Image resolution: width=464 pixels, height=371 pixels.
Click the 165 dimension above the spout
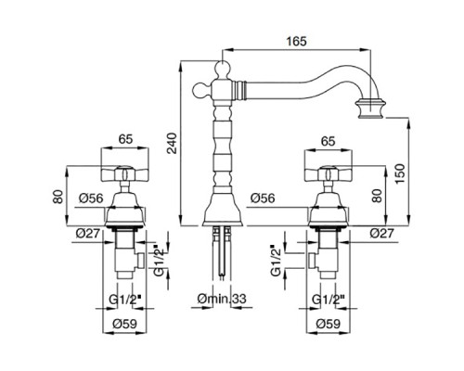(296, 41)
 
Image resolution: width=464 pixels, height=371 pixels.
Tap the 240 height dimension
(171, 143)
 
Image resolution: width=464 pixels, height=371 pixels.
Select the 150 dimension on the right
(400, 173)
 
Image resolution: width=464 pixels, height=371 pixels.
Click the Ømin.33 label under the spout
(222, 299)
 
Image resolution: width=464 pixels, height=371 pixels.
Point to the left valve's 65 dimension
(125, 139)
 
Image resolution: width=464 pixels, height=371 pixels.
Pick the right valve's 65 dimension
(329, 141)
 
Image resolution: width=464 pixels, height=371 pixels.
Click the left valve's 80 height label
(58, 197)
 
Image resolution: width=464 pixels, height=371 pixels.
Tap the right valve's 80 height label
(377, 196)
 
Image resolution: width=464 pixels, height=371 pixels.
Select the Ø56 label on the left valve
(91, 198)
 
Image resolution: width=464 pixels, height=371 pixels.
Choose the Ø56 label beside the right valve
(263, 198)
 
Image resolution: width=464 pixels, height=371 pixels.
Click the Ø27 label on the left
(87, 233)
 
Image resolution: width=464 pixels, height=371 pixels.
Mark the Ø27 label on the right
(382, 233)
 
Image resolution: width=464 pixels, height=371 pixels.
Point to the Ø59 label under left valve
(124, 324)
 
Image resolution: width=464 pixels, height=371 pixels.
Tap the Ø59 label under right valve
(328, 324)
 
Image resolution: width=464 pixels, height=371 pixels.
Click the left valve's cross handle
(124, 173)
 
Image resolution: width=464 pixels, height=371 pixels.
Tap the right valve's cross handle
(329, 173)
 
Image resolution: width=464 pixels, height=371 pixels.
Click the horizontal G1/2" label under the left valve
(125, 299)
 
